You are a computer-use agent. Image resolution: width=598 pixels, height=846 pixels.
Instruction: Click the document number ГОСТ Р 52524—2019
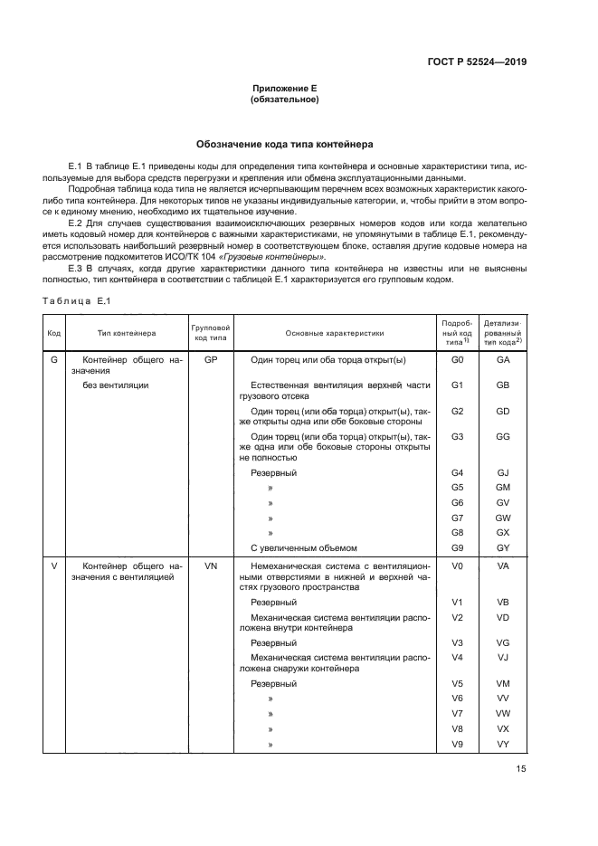tap(477, 62)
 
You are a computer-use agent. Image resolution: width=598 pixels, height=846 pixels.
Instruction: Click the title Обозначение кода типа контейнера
tap(284, 145)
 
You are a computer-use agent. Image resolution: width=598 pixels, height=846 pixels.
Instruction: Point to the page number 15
tap(521, 769)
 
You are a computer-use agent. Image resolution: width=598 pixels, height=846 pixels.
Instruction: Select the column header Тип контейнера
tap(127, 333)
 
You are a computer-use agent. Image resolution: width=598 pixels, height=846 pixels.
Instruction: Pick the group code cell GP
tap(210, 360)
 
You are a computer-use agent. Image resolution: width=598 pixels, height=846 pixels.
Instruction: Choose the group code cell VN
tap(210, 566)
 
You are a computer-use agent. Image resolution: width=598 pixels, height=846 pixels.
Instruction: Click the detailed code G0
tap(457, 360)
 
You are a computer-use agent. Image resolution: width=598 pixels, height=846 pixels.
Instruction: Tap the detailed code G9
tap(457, 547)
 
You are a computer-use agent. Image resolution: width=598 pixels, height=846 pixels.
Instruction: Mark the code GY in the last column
tap(503, 547)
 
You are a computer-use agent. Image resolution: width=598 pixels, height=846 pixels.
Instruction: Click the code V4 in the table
tap(457, 657)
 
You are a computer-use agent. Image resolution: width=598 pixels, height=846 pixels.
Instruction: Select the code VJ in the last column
tap(503, 657)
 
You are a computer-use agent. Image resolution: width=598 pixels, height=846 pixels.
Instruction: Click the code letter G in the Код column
tap(53, 360)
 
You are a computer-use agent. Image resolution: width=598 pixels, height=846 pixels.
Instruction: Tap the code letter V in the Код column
tap(53, 566)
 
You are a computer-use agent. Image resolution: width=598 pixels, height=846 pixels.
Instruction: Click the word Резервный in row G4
tap(273, 472)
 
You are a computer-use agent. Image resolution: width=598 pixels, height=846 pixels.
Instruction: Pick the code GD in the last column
tap(503, 412)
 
